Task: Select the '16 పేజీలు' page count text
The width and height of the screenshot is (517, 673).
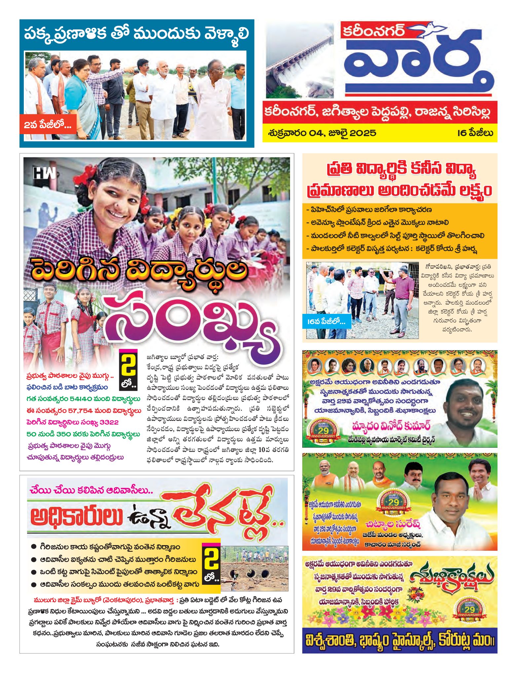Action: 475,133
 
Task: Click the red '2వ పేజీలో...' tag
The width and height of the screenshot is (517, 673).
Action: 48,125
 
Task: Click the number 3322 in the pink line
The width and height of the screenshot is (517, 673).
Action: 106,422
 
